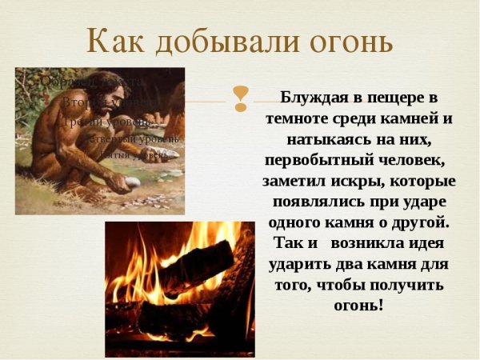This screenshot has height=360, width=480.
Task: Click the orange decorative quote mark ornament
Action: [x=239, y=98]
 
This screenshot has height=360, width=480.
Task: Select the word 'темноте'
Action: [x=299, y=118]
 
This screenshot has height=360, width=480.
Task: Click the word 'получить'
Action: [x=414, y=285]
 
